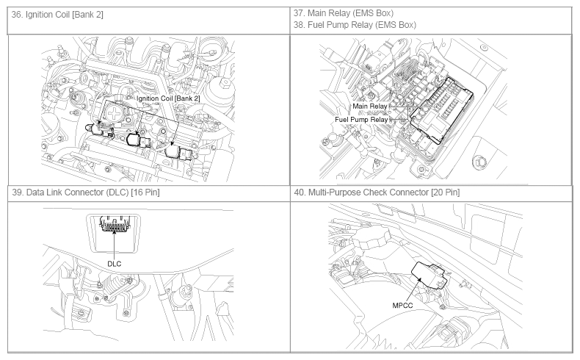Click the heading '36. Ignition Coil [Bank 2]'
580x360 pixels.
[57, 15]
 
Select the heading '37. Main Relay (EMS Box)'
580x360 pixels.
[344, 13]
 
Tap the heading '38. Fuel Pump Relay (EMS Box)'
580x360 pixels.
[355, 25]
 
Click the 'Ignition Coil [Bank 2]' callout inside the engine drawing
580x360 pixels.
[168, 98]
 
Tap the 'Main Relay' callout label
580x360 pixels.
[369, 107]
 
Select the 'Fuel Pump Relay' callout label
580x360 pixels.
[361, 120]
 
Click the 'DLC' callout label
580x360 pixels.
[115, 264]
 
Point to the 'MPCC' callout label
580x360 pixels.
[402, 306]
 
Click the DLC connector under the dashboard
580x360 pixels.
[115, 225]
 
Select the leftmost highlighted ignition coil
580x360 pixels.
[97, 129]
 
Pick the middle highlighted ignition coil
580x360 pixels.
[136, 140]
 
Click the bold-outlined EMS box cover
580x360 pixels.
[441, 111]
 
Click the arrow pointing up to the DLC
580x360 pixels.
[115, 244]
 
